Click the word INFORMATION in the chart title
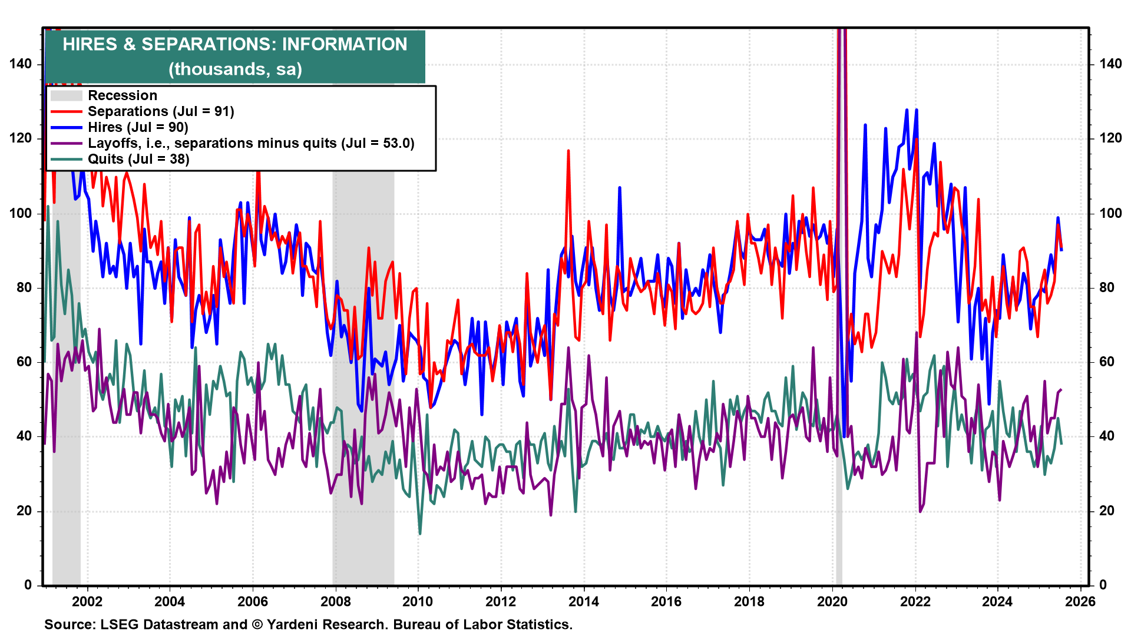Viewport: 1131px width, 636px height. tap(344, 44)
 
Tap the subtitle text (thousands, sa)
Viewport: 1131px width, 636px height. tap(235, 69)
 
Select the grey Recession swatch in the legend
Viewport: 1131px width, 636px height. tap(66, 95)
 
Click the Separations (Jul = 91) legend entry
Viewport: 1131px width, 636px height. tap(161, 111)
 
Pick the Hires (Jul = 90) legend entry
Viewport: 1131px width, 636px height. tap(138, 127)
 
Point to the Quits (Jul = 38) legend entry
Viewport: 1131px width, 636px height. tap(138, 159)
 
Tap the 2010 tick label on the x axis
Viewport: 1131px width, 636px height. tap(418, 601)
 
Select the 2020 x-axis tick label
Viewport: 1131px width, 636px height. tap(832, 601)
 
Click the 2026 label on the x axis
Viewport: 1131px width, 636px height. tap(1080, 601)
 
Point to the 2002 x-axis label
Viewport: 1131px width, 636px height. tap(87, 601)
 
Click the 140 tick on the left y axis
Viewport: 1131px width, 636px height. tap(21, 64)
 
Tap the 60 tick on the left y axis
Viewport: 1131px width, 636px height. tap(24, 362)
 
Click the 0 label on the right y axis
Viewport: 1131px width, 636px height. tap(1103, 585)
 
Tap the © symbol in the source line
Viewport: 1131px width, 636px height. tap(257, 624)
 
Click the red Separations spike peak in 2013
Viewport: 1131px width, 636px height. tap(568, 151)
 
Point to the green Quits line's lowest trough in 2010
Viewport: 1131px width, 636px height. tap(420, 534)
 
